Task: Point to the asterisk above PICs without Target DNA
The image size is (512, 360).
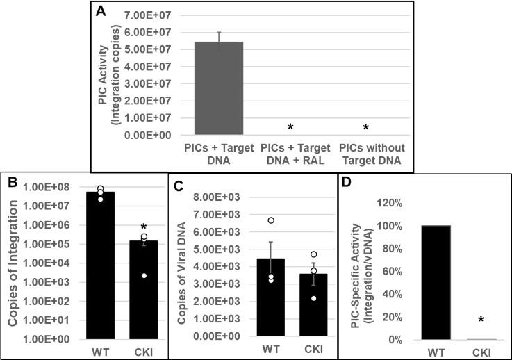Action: tap(365, 127)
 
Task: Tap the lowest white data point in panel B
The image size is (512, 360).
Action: tap(144, 276)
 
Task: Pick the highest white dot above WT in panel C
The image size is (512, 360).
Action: tap(271, 220)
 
